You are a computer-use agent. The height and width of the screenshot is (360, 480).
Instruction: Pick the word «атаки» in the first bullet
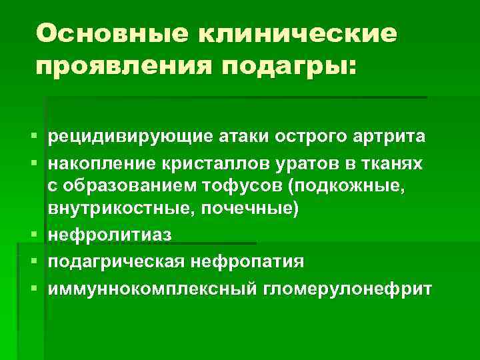coord(233,137)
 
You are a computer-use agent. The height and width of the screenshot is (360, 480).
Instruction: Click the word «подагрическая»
coord(114,261)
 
